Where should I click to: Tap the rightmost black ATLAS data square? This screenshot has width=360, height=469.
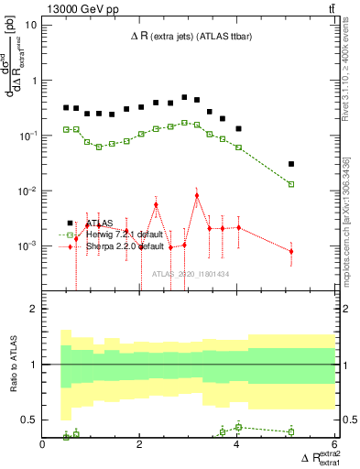(x=291, y=164)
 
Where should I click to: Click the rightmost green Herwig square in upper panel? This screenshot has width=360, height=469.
(x=291, y=184)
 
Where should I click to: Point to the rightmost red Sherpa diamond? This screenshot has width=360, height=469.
(x=291, y=251)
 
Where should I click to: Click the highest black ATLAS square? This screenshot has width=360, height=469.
(x=184, y=97)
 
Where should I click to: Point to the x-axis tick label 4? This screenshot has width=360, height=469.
(x=237, y=444)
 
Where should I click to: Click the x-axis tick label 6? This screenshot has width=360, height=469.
(x=334, y=444)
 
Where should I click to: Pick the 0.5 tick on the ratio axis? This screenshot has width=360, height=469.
(x=30, y=420)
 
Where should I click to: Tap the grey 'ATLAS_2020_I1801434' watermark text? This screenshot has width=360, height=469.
(x=191, y=274)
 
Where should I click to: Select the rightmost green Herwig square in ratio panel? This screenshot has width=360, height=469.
(x=291, y=431)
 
